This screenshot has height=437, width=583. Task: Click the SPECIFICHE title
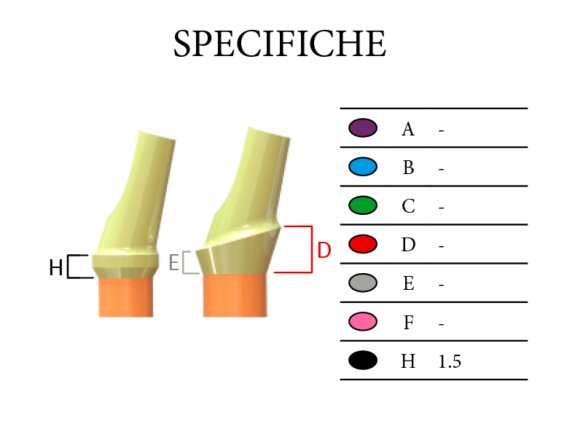pos(280,44)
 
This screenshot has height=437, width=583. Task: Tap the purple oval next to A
pos(363,128)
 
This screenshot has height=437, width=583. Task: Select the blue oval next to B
pos(363,167)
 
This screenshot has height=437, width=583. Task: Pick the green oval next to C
pos(363,205)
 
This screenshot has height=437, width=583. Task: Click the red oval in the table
pos(363,244)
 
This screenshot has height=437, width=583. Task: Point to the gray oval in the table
pos(363,283)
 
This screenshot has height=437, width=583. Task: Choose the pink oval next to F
pos(363,321)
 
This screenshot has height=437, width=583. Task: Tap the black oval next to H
pos(363,360)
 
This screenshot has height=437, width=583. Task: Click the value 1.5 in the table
pos(450,361)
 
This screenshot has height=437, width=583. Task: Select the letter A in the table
pos(408,130)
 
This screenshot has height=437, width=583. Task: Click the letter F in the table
pos(409,323)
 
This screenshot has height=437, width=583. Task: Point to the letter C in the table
pos(408,206)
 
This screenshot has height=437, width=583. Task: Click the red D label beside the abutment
pos(324,250)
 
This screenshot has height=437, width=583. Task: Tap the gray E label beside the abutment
pos(174,262)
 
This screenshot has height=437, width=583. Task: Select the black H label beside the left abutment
pos(56,267)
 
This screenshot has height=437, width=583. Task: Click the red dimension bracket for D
pos(312,249)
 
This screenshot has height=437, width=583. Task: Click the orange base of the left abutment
pos(125,297)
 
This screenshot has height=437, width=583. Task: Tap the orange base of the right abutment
pos(235,296)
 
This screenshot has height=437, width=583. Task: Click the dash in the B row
pos(442,170)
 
